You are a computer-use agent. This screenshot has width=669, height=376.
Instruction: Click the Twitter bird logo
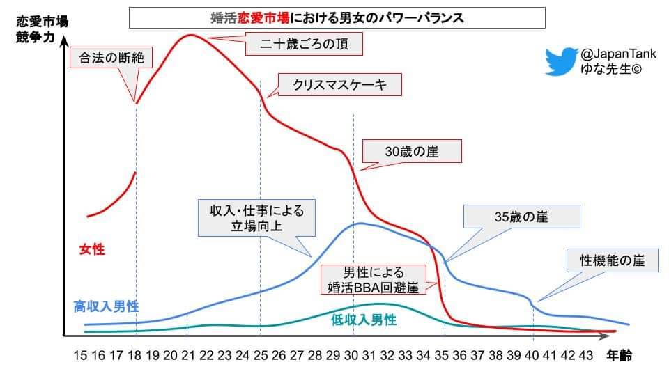pyautogui.click(x=562, y=61)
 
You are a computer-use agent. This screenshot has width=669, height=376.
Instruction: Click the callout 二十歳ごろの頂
pyautogui.click(x=305, y=45)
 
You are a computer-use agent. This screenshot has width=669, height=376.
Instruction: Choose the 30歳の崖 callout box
pyautogui.click(x=412, y=150)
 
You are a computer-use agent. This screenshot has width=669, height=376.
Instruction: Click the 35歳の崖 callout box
pyautogui.click(x=523, y=217)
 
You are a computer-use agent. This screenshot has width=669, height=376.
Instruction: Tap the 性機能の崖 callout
pyautogui.click(x=613, y=261)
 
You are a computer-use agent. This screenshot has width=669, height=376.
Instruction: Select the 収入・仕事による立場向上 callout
pyautogui.click(x=252, y=218)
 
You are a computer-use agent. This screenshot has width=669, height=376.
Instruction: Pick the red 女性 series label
pyautogui.click(x=92, y=248)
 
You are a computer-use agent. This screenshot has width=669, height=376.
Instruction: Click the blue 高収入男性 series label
pyautogui.click(x=106, y=306)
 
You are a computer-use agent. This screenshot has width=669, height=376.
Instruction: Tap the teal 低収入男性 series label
pyautogui.click(x=363, y=320)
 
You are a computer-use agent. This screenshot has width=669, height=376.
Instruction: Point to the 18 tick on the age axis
pyautogui.click(x=134, y=356)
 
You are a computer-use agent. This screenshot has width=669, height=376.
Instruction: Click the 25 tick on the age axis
pyautogui.click(x=261, y=356)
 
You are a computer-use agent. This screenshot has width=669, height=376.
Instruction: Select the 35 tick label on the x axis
pyautogui.click(x=441, y=356)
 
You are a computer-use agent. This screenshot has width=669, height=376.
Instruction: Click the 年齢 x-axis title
pyautogui.click(x=619, y=356)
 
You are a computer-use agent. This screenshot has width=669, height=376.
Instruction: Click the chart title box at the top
pyautogui.click(x=337, y=17)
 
